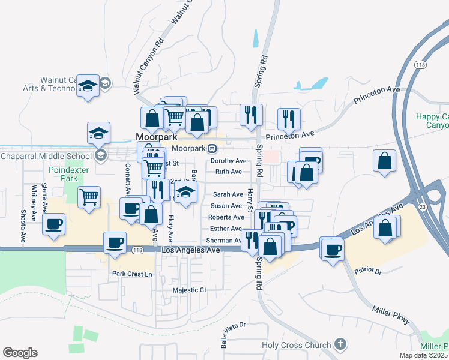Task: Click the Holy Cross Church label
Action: coord(296,345)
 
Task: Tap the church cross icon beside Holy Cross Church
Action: coord(340,344)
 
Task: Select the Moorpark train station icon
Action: coord(212,148)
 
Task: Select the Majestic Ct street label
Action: coord(189,290)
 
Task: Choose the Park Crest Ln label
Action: coord(133,274)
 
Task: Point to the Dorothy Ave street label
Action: coord(228,161)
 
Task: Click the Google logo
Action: coord(20,353)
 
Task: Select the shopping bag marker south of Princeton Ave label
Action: coord(384,161)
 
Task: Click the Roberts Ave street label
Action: coord(226,217)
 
